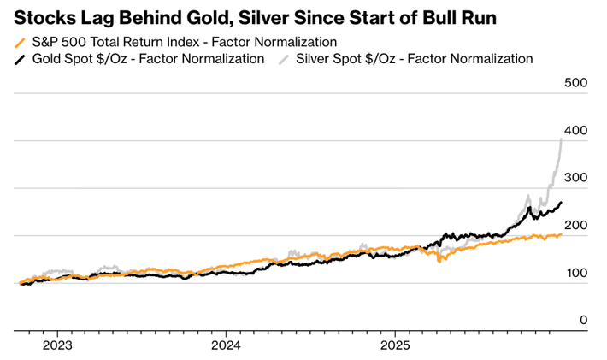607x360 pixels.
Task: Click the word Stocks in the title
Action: click(43, 17)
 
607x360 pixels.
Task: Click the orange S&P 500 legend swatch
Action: click(21, 42)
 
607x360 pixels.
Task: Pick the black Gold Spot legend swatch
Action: click(21, 59)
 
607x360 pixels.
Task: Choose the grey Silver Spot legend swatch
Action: click(283, 59)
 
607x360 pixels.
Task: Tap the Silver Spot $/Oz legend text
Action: click(415, 59)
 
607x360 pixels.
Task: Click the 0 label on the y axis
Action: click(584, 321)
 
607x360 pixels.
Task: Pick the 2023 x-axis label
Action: click(57, 346)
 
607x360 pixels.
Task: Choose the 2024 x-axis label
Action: click(226, 346)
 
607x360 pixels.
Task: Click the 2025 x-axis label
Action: click(395, 346)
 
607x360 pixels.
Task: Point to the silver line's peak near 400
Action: click(561, 139)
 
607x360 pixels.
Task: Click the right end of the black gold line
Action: click(561, 203)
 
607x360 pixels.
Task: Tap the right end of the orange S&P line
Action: click(561, 234)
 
